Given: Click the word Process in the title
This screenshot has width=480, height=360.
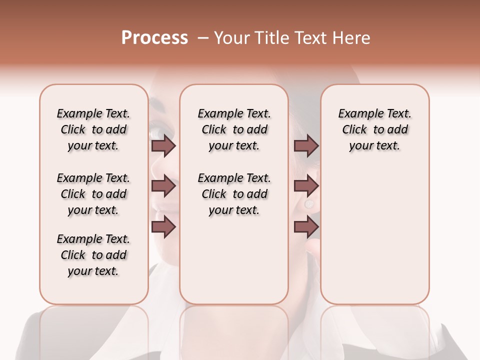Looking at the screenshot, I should (x=154, y=38).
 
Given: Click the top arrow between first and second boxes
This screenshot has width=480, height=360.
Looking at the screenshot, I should (x=163, y=146).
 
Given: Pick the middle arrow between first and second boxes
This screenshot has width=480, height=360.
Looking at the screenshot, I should (x=163, y=186).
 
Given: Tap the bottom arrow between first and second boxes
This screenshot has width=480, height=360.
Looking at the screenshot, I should (x=163, y=227).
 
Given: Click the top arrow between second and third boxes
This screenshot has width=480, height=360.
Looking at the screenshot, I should (x=306, y=146).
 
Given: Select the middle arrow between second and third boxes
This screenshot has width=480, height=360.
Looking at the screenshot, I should (x=306, y=186).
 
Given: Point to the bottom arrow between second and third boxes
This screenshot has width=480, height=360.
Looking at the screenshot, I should (x=306, y=227).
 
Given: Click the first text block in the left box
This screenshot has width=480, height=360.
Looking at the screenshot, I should (x=93, y=129).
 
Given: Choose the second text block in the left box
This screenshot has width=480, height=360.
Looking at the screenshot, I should (x=93, y=194).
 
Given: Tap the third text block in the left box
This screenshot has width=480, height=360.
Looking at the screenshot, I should (x=93, y=255).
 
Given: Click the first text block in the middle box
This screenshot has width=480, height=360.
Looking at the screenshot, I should (x=234, y=129).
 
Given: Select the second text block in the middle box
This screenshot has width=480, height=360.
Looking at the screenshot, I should (x=234, y=194).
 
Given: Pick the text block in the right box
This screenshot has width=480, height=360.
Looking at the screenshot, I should (x=375, y=129).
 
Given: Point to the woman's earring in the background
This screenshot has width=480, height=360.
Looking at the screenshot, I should (x=309, y=204).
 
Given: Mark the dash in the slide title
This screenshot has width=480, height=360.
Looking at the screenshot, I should (x=203, y=38).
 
